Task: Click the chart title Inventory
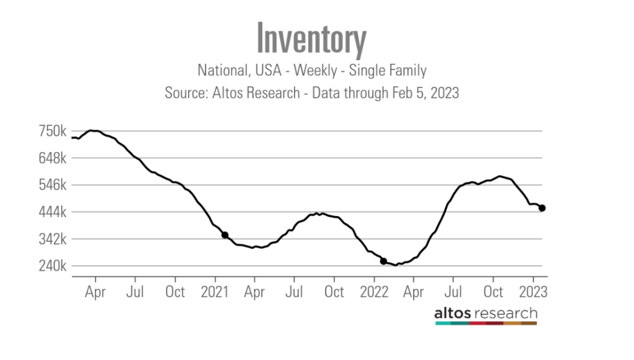click(x=312, y=39)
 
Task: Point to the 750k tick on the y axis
click(x=53, y=131)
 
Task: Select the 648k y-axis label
click(x=53, y=158)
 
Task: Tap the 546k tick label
click(x=53, y=185)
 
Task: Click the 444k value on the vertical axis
click(x=53, y=212)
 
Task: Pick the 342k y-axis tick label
click(x=53, y=239)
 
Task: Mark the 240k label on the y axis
click(x=53, y=266)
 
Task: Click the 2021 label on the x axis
click(x=215, y=291)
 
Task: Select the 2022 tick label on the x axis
click(x=374, y=291)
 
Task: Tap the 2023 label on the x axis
click(x=533, y=291)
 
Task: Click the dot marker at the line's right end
click(x=542, y=208)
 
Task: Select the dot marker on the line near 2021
click(x=225, y=235)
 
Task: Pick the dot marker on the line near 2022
click(x=383, y=261)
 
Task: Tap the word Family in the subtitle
click(x=407, y=70)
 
